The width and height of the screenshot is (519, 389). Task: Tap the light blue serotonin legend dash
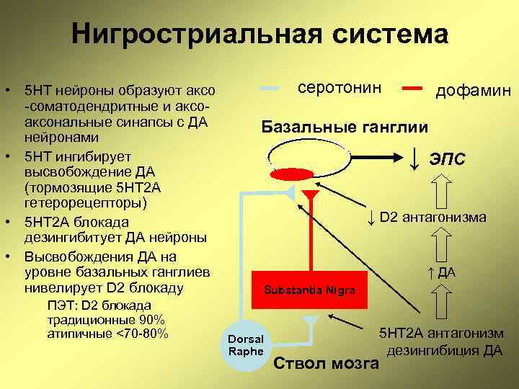click(269, 88)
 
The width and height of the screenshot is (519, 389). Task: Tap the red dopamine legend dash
click(413, 88)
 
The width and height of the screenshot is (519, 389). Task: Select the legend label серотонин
click(339, 87)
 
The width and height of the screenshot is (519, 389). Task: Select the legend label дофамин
click(473, 91)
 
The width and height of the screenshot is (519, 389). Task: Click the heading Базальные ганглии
click(345, 127)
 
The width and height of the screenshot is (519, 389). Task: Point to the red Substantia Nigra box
click(309, 290)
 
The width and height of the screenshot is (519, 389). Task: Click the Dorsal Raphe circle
click(245, 344)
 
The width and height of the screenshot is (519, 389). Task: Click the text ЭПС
click(448, 158)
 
